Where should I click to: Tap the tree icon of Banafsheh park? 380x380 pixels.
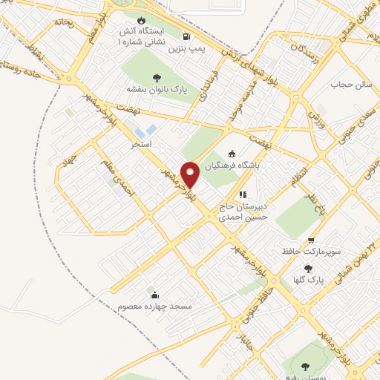pos(157,76)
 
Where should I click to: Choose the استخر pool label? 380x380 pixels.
pos(141,143)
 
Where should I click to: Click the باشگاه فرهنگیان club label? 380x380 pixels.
pos(255,166)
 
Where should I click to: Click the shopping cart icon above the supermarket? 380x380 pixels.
pos(310,240)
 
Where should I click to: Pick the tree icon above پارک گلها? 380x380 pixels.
pos(309,269)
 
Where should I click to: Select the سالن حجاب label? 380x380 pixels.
pos(347,85)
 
